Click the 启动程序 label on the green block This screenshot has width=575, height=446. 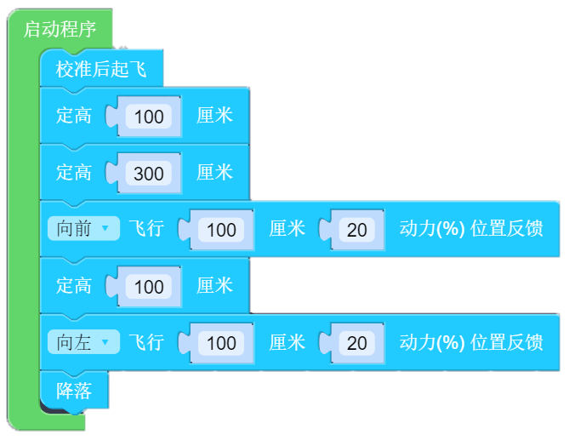click(x=60, y=30)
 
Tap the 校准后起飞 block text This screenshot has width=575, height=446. click(x=101, y=69)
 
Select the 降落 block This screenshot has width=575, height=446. click(x=74, y=390)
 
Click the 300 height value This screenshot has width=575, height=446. click(x=149, y=173)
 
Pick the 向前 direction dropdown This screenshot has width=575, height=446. click(x=83, y=229)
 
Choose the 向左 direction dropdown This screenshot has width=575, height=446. click(x=83, y=342)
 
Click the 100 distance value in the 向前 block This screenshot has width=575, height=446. click(x=221, y=230)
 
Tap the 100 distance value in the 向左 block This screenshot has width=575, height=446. click(x=221, y=343)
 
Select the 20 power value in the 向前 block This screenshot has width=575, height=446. click(x=356, y=230)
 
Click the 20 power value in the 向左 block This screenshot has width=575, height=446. click(x=356, y=343)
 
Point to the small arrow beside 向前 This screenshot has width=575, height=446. click(x=105, y=229)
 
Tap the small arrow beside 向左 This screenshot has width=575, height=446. click(x=105, y=342)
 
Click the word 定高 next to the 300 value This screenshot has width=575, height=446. click(x=74, y=172)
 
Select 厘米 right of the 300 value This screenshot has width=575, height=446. click(x=214, y=172)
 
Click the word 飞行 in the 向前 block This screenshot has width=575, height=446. click(x=146, y=229)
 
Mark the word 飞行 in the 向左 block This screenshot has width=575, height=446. click(x=146, y=342)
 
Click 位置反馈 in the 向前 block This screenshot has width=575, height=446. click(x=506, y=229)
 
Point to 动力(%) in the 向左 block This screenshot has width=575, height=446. click(x=432, y=342)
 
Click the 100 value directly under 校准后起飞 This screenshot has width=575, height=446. click(x=149, y=117)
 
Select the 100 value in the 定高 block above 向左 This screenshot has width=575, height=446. click(x=149, y=286)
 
